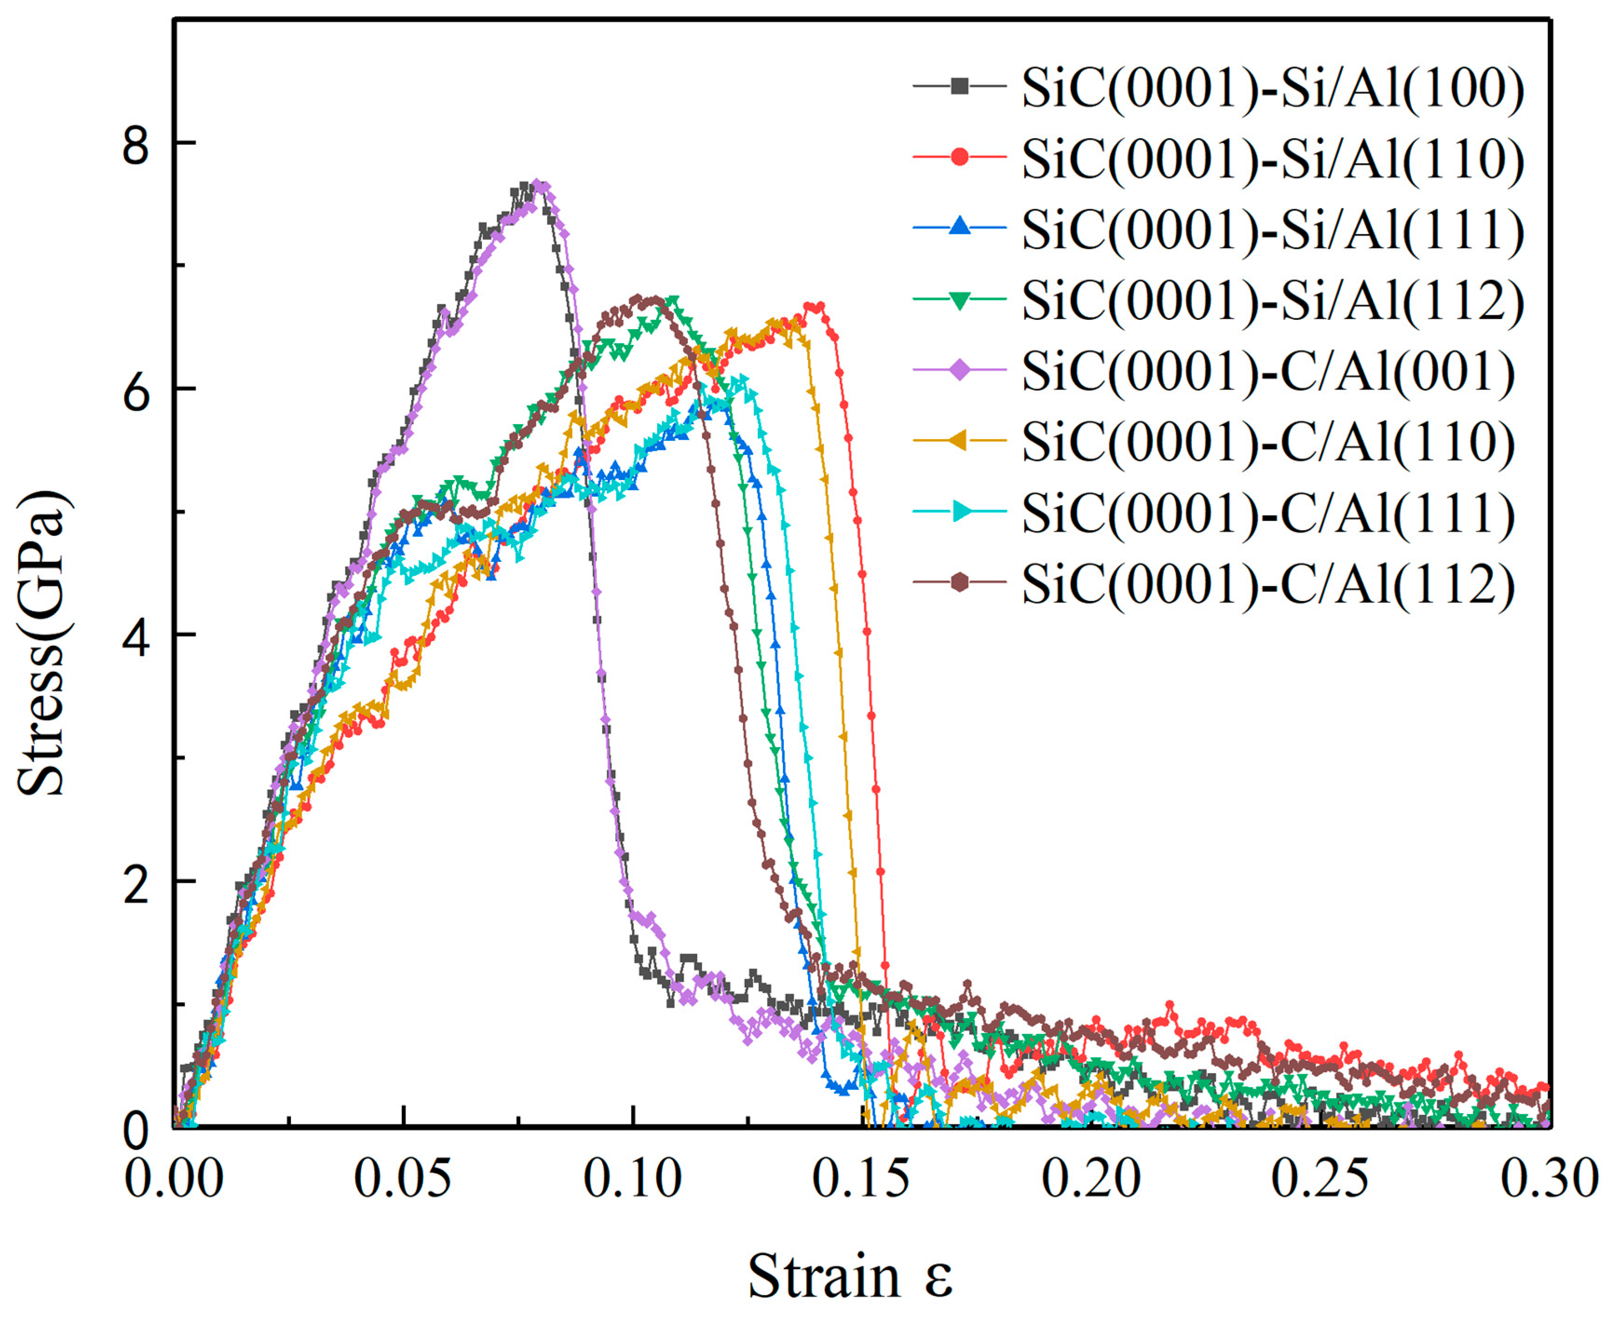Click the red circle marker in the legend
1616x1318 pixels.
pyautogui.click(x=960, y=157)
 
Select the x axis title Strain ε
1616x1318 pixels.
pyautogui.click(x=850, y=1276)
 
